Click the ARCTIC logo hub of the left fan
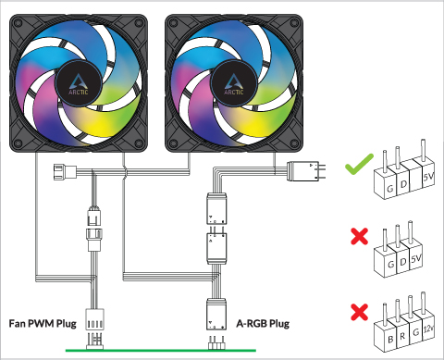(79, 83)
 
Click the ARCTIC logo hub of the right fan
(234, 83)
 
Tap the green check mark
(359, 164)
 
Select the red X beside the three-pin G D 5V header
(360, 237)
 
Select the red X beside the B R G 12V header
(360, 312)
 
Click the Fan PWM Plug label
(43, 324)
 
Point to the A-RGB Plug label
(263, 324)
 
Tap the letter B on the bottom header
(390, 340)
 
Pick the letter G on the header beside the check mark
(389, 188)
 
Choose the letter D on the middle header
(402, 262)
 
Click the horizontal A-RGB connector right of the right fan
(306, 171)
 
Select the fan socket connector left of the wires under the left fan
(65, 172)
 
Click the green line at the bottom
(161, 351)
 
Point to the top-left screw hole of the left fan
(18, 22)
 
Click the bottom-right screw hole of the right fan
(295, 143)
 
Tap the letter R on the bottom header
(402, 336)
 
